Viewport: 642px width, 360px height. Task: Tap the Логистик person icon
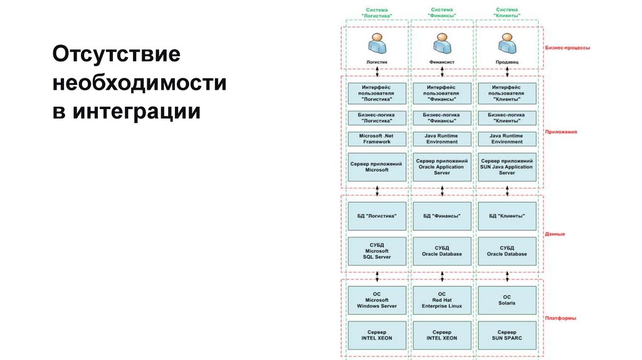(x=377, y=44)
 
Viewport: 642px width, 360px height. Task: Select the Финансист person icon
(x=442, y=44)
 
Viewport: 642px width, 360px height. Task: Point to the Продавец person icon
(x=507, y=44)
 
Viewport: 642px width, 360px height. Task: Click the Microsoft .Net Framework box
(x=377, y=139)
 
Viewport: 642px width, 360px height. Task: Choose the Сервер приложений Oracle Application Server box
(x=442, y=167)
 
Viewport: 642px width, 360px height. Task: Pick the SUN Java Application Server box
(x=507, y=167)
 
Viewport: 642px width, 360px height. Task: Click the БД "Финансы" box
(x=442, y=216)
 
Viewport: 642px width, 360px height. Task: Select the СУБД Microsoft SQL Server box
(x=377, y=251)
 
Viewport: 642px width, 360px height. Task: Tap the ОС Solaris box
(x=507, y=300)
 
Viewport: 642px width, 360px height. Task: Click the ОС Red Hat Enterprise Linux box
(x=442, y=300)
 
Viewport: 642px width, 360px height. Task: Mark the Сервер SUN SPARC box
(x=507, y=335)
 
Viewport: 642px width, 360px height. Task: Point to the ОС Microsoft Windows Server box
(x=377, y=300)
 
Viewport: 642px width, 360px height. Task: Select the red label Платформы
(x=560, y=318)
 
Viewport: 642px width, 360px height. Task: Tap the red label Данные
(x=554, y=234)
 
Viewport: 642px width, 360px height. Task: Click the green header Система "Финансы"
(x=442, y=13)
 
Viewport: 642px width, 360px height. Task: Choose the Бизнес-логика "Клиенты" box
(x=507, y=118)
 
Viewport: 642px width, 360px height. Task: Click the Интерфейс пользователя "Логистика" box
(x=377, y=93)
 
